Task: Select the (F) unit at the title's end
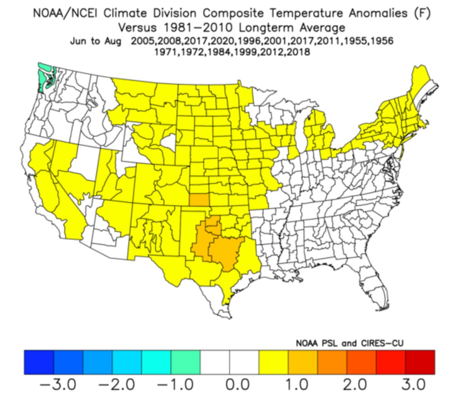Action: pos(422,13)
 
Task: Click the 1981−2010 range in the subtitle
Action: pos(198,28)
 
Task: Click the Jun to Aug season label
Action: pos(95,41)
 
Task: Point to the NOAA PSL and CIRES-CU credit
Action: pos(350,343)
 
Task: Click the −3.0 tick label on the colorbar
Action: pos(58,384)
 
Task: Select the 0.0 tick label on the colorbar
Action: pos(237,384)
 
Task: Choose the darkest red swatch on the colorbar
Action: pos(420,362)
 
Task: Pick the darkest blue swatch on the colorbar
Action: pos(39,362)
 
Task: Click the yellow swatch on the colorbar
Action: pos(273,362)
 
